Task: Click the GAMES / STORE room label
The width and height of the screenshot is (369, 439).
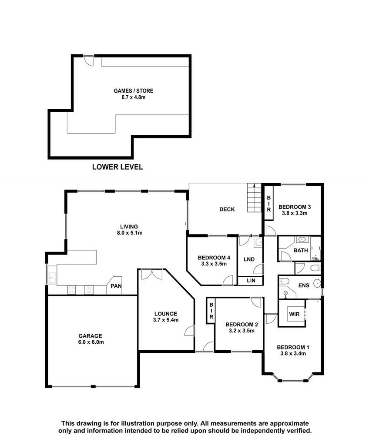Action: coord(133,91)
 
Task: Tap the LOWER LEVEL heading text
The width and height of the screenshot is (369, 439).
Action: coord(117,167)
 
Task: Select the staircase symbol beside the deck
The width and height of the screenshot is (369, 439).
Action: coord(254,198)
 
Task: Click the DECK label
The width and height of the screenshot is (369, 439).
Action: coord(227,209)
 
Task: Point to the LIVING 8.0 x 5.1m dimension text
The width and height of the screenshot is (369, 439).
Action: coord(129,233)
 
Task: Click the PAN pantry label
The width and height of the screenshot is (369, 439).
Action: coord(116,286)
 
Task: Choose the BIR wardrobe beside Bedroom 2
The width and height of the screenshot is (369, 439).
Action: coord(211,312)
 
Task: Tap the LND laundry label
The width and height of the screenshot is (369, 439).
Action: coord(249,260)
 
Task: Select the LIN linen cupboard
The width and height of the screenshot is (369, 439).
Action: coord(250,281)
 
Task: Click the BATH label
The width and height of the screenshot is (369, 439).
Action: coord(301,250)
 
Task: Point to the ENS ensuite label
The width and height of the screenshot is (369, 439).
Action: coord(303,286)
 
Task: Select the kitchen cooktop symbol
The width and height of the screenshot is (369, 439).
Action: coord(71,289)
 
